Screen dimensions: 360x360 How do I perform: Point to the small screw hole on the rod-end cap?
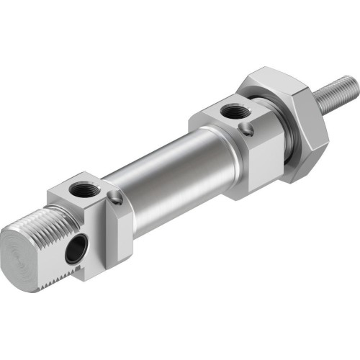point(248,130)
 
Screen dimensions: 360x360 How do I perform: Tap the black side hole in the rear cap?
point(73,251)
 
